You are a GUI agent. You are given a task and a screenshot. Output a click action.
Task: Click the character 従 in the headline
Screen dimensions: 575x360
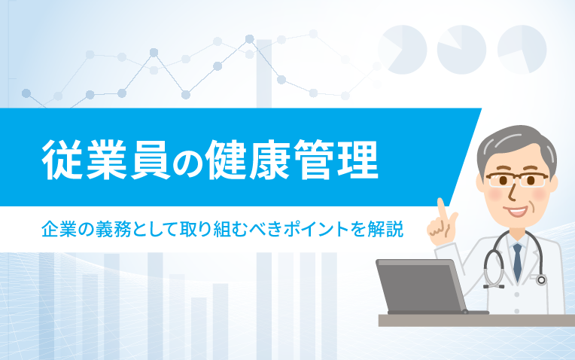pos(62,159)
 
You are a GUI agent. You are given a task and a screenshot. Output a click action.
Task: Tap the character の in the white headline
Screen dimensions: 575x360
pos(187,161)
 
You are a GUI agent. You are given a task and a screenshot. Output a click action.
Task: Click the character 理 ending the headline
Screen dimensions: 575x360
pos(358,159)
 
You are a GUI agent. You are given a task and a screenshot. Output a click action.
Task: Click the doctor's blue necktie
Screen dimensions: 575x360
pos(517,261)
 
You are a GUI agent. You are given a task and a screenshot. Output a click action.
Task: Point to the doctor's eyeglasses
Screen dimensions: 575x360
pos(517,180)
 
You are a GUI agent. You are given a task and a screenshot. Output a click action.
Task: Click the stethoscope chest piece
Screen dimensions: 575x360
pos(541,280)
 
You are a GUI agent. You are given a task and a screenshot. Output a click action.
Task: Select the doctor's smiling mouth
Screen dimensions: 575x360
pos(516,211)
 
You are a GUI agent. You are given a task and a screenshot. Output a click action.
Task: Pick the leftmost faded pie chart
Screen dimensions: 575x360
pos(403,50)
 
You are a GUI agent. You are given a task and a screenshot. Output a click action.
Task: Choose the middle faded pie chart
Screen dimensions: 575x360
pos(461,50)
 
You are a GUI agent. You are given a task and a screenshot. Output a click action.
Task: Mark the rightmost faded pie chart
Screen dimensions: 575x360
pos(522,50)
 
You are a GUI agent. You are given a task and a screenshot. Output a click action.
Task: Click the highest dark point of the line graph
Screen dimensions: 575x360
pos(249,39)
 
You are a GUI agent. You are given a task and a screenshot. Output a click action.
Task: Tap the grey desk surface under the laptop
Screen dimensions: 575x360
pos(476,320)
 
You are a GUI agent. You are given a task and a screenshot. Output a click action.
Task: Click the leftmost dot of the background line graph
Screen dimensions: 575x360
pos(26,93)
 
